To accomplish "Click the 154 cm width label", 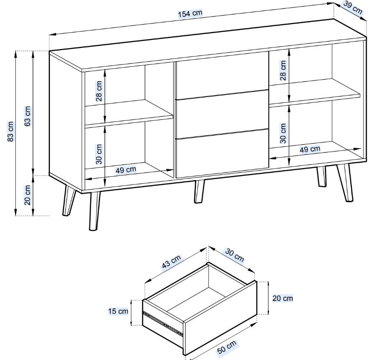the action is pos(190,14).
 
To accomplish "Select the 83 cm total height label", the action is pos(11,132).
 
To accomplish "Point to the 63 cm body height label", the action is pos(28,116).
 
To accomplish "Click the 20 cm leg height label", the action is pos(28,195).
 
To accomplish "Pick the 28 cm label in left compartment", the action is pos(99,91).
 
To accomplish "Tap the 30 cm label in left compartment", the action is pos(99,154).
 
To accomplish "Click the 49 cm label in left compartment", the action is pos(126,170).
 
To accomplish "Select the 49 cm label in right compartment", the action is pos(310,149).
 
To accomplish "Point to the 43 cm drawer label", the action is pos(171,262).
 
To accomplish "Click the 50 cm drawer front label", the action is pos(227,346).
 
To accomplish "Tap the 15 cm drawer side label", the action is pos(118,311).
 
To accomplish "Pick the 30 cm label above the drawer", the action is pos(234,255).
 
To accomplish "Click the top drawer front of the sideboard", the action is pos(222,75).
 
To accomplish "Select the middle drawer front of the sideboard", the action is pos(222,114).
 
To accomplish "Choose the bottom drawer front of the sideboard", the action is pos(222,154).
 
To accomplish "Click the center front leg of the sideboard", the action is pos(199,192).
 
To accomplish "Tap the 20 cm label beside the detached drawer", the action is pos(282,298).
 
